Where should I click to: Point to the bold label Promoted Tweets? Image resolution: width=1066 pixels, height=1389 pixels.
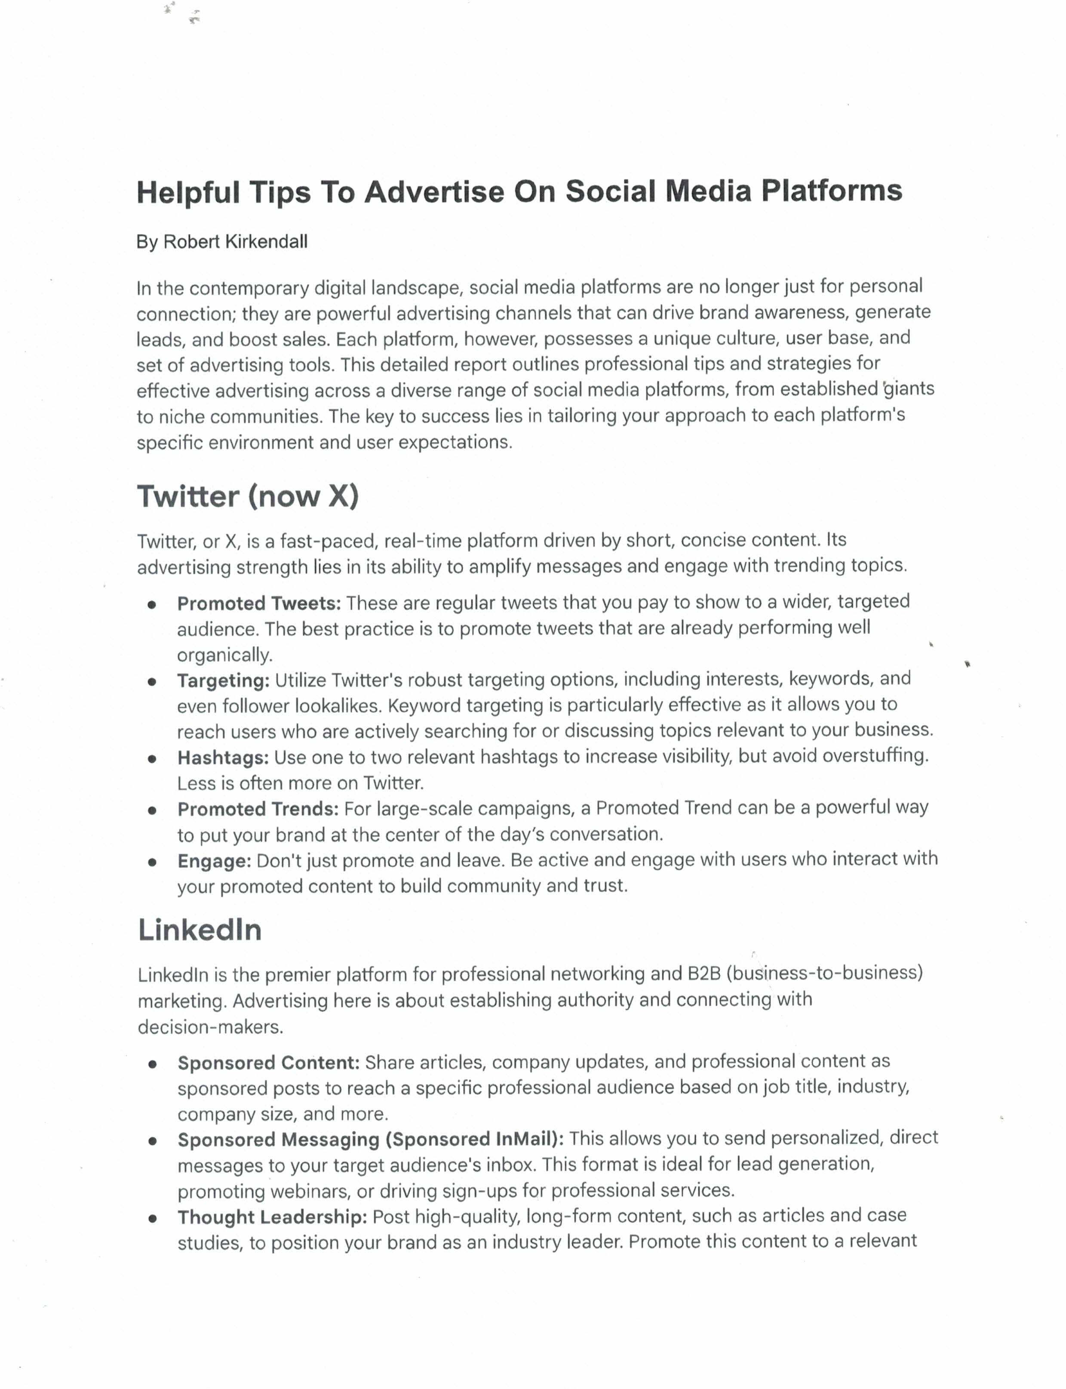(x=259, y=604)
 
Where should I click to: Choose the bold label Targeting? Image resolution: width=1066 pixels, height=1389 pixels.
(x=223, y=681)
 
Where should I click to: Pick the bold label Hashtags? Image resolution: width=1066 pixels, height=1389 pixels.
(x=223, y=758)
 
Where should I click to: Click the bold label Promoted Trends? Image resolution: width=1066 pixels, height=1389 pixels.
(x=258, y=810)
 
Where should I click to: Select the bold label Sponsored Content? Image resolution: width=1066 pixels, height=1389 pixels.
(x=268, y=1063)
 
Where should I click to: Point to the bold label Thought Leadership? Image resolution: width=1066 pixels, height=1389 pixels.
(x=272, y=1217)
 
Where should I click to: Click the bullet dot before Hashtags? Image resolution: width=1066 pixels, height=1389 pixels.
(x=152, y=759)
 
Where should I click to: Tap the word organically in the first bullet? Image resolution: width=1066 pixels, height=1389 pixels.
(x=224, y=655)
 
